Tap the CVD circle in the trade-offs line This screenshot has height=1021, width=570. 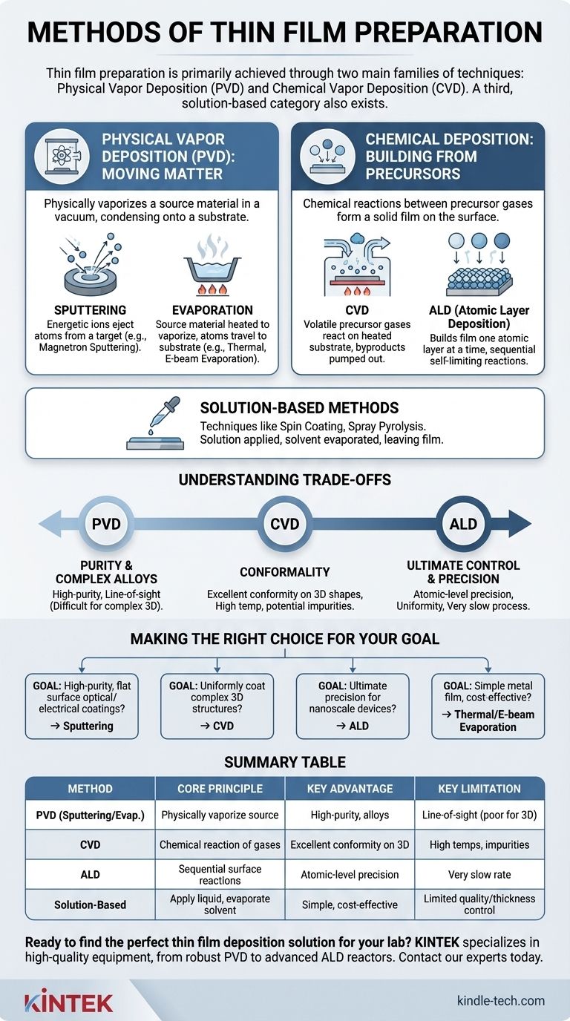tap(284, 524)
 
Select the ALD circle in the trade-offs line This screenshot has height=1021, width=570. tap(463, 524)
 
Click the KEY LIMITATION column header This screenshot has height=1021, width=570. tap(479, 788)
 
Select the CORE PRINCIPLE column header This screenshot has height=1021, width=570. tap(220, 788)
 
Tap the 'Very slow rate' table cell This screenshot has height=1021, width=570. tap(479, 874)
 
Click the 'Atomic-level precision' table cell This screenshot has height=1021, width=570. tap(350, 874)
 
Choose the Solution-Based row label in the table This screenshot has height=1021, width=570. tap(90, 905)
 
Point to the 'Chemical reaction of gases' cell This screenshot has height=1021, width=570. tap(220, 844)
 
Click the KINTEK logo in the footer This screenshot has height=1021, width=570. tap(69, 1001)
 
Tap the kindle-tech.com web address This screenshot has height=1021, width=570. tap(500, 1001)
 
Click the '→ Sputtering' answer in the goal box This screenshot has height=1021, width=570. tap(82, 725)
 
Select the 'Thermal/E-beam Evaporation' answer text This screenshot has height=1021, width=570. tap(488, 720)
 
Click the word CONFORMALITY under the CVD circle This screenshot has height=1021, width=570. tap(284, 572)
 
